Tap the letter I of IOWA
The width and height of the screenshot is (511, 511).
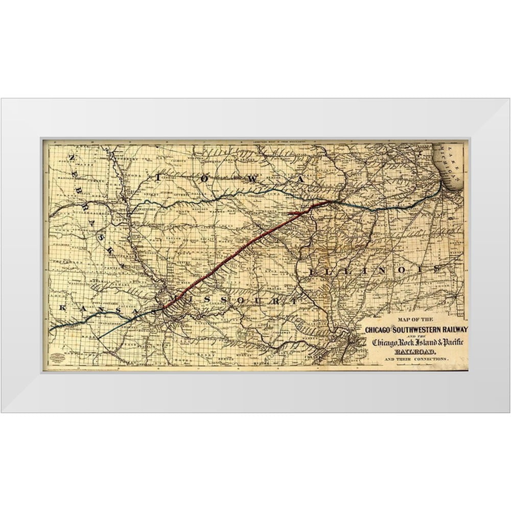pos(159,177)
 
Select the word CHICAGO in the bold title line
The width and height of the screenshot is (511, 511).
pos(379,331)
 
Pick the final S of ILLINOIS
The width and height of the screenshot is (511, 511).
pos(435,268)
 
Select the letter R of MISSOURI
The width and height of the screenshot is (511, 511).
pos(277,301)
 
